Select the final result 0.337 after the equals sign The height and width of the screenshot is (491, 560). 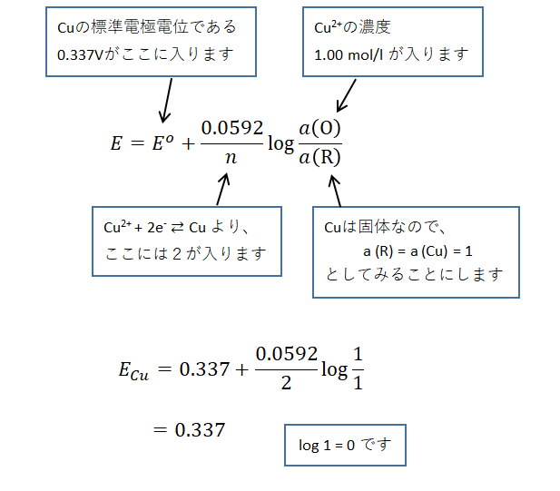[200, 429]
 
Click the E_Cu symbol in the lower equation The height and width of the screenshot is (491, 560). [133, 368]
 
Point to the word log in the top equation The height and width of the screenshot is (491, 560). [278, 143]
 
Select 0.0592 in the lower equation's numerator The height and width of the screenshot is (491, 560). [282, 353]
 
